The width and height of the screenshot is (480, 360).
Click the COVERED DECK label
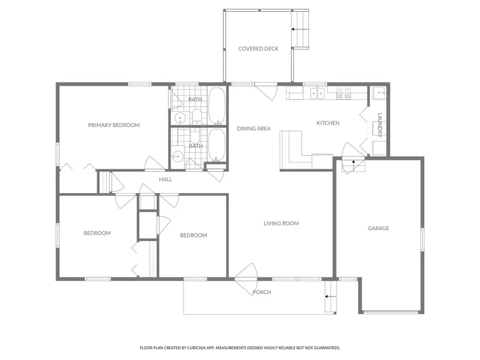(258, 49)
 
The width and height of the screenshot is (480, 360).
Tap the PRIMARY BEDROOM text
(114, 125)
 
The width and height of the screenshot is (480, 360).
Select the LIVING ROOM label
(281, 223)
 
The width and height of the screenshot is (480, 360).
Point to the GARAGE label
(378, 228)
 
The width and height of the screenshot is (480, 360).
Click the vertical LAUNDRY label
(380, 125)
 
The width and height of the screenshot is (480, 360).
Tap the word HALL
(165, 180)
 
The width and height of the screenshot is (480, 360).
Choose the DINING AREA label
(254, 129)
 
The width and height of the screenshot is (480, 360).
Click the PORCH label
(262, 292)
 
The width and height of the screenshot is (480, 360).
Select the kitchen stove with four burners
(343, 94)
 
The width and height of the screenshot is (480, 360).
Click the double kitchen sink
(318, 94)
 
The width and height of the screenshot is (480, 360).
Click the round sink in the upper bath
(180, 118)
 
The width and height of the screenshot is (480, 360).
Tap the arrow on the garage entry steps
(353, 163)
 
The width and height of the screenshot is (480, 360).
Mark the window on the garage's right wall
(422, 239)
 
